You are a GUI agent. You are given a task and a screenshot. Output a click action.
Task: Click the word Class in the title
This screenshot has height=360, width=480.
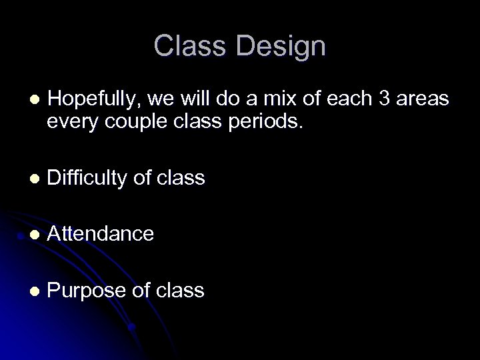(190, 47)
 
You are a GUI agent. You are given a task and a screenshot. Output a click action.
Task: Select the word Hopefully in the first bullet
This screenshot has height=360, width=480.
(91, 99)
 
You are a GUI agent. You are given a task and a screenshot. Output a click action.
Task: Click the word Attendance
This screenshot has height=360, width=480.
(101, 233)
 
